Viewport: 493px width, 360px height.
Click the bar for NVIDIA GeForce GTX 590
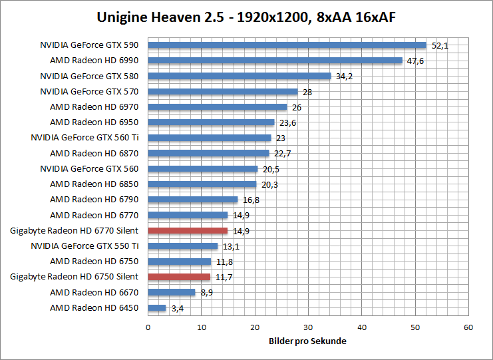[x=287, y=45]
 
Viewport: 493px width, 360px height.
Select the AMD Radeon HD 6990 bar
[x=275, y=61]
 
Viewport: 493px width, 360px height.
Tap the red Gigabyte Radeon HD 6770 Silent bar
[x=188, y=231]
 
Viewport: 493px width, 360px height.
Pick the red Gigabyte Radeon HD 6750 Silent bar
[x=179, y=277]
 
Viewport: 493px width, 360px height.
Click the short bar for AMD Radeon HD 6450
[x=157, y=308]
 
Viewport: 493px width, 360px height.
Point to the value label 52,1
[x=440, y=45]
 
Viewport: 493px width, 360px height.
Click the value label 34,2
[x=345, y=76]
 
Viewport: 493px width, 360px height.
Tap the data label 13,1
[x=231, y=246]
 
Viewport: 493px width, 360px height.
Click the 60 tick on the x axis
[x=468, y=327]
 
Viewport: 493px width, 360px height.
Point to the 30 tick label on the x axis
[x=308, y=327]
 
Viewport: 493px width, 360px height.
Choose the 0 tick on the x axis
[x=148, y=327]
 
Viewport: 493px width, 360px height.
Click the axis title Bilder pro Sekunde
[x=307, y=341]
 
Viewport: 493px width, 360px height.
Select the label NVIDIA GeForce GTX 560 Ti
[x=84, y=138]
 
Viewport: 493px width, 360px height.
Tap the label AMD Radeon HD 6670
[x=94, y=292]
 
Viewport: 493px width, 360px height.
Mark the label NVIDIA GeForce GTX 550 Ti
[x=84, y=246]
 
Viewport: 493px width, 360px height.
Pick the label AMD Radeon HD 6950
[x=94, y=122]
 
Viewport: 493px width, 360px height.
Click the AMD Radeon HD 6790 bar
[x=192, y=200]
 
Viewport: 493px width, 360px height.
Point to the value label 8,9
[x=206, y=292]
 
